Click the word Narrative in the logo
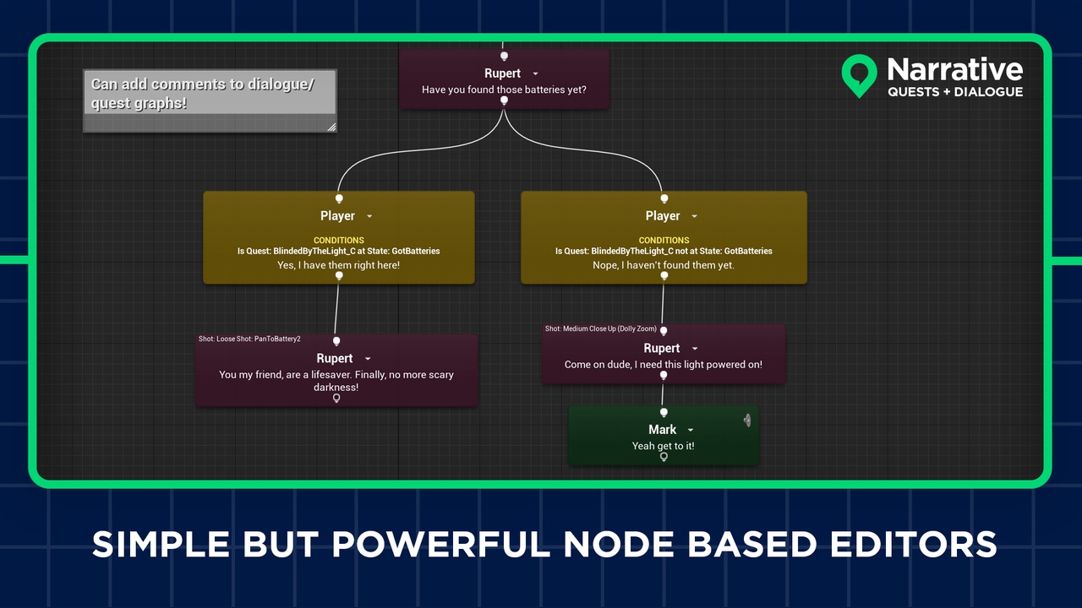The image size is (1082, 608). pyautogui.click(x=954, y=69)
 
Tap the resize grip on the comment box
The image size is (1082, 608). pyautogui.click(x=331, y=128)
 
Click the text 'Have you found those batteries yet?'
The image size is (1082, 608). pyautogui.click(x=504, y=90)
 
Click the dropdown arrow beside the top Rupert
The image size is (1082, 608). pyautogui.click(x=535, y=74)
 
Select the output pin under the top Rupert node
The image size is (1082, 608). pyautogui.click(x=504, y=101)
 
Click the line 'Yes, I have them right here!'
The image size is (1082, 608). pyautogui.click(x=338, y=265)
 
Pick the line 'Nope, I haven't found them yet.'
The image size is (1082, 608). pyautogui.click(x=664, y=265)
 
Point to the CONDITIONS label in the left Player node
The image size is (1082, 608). pyautogui.click(x=338, y=241)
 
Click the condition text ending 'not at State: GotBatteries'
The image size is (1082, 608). pyautogui.click(x=664, y=251)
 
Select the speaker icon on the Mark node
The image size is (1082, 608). pyautogui.click(x=747, y=420)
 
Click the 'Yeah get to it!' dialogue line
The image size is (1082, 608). pyautogui.click(x=664, y=445)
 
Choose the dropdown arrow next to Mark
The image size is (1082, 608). pyautogui.click(x=691, y=431)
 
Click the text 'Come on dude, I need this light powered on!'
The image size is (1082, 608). pyautogui.click(x=664, y=365)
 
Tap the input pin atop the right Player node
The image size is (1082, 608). pyautogui.click(x=664, y=198)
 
